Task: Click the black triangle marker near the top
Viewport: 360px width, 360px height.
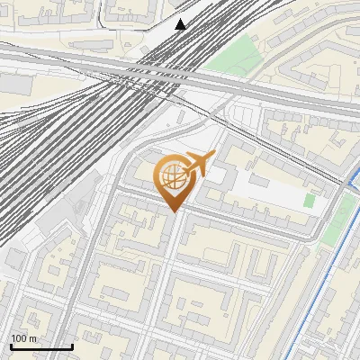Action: (181, 23)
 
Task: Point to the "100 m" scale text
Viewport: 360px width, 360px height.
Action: (24, 338)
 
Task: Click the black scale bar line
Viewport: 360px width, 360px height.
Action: (41, 346)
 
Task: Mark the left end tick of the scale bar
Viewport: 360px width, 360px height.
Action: (11, 346)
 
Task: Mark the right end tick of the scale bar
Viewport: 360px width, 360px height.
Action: (72, 346)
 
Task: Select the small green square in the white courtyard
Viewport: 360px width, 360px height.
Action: (309, 201)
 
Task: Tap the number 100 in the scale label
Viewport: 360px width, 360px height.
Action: (19, 338)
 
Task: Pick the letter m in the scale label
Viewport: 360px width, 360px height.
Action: (34, 339)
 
